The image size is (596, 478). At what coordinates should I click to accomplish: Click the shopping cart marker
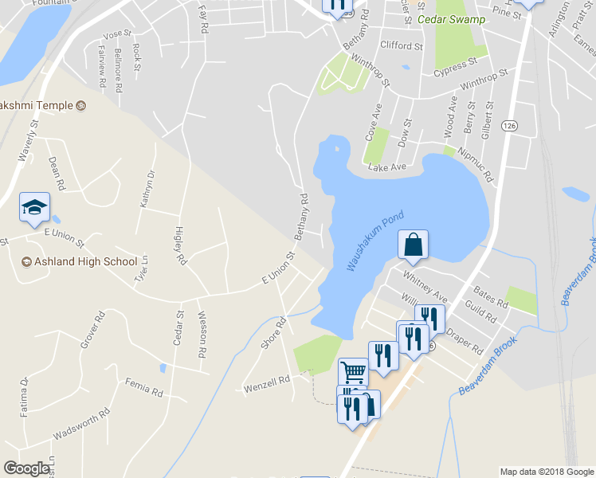tap(352, 371)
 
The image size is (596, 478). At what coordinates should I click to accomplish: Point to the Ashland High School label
tap(79, 261)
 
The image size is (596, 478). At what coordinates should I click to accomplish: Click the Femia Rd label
tap(143, 387)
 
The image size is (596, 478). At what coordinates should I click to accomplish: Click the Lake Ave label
tap(387, 167)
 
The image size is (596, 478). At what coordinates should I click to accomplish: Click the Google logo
tap(26, 468)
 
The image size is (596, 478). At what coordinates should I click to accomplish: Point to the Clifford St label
tap(401, 45)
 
